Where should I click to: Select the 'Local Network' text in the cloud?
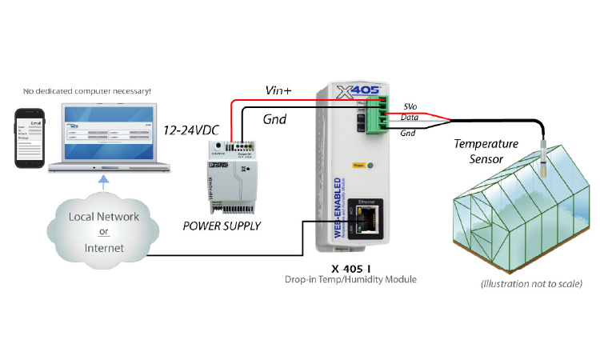point(103,217)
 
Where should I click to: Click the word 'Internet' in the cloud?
point(104,248)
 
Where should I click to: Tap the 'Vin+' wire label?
point(278,91)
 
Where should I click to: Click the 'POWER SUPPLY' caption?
point(222,226)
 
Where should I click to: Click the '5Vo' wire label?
point(410,106)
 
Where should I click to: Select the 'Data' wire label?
point(410,118)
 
